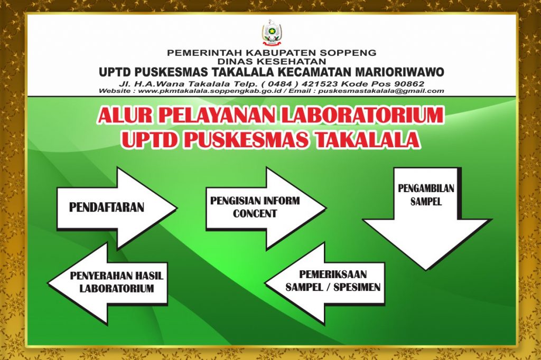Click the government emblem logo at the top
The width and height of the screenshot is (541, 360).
pos(271,33)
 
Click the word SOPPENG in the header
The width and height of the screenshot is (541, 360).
pos(353,53)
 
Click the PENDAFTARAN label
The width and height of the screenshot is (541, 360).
pos(107,207)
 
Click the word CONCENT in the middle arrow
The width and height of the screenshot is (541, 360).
pos(255,214)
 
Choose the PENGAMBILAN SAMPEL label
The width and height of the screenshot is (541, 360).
pos(426,195)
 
